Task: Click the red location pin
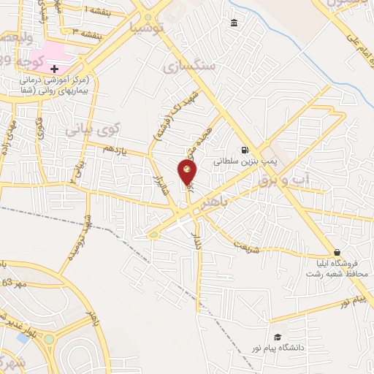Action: pos(188,172)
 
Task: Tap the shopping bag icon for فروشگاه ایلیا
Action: pos(336,252)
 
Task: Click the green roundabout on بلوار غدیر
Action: pos(49,339)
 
